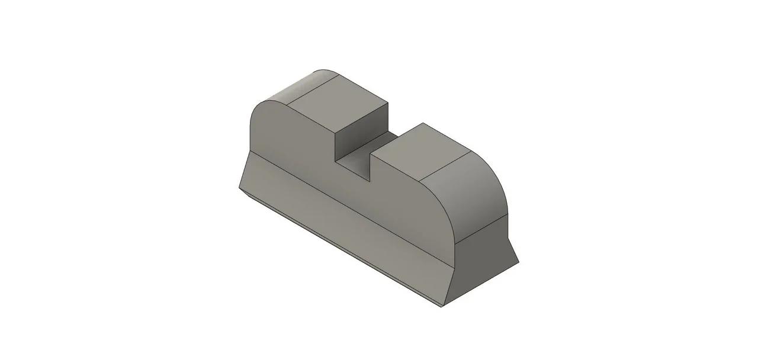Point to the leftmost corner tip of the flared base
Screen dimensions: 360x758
pos(239,188)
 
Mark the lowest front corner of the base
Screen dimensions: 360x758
pos(442,307)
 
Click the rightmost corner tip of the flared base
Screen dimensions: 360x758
pos(519,263)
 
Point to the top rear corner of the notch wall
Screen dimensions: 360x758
pos(389,103)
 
